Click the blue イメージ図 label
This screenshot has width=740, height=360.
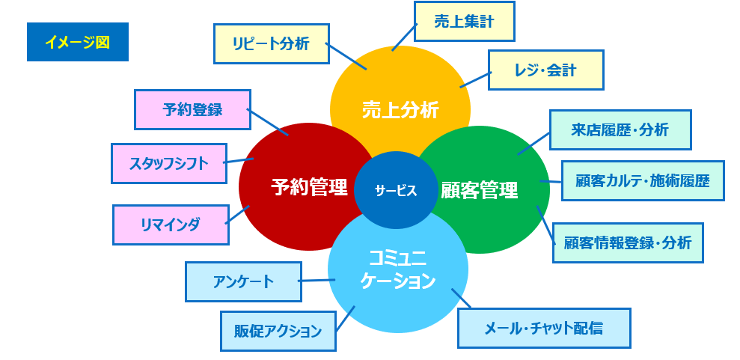pyautogui.click(x=77, y=43)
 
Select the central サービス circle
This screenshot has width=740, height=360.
pyautogui.click(x=396, y=190)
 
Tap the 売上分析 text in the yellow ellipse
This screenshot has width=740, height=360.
pyautogui.click(x=400, y=109)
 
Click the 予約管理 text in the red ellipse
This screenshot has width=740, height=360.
pyautogui.click(x=309, y=186)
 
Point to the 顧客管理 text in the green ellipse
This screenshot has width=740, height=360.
pyautogui.click(x=480, y=190)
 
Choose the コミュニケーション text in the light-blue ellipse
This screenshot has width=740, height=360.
pyautogui.click(x=398, y=270)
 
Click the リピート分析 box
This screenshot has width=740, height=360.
pyautogui.click(x=270, y=43)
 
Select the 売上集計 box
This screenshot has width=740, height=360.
pyautogui.click(x=464, y=21)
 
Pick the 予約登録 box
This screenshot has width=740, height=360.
pyautogui.click(x=192, y=109)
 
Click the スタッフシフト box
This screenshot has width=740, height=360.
pyautogui.click(x=168, y=163)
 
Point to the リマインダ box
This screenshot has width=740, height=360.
pyautogui.click(x=170, y=224)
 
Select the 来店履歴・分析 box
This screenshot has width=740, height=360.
pyautogui.click(x=620, y=129)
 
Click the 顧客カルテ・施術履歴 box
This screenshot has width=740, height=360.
pyautogui.click(x=643, y=180)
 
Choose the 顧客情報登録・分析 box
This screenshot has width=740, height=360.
pyautogui.click(x=628, y=242)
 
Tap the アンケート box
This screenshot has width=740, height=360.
pyautogui.click(x=243, y=281)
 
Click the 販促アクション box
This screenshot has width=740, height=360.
pyautogui.click(x=278, y=331)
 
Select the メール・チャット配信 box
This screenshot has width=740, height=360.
pyautogui.click(x=544, y=328)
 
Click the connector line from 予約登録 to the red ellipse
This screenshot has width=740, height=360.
pyautogui.click(x=268, y=123)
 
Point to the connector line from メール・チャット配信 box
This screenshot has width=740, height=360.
pyautogui.click(x=461, y=298)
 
